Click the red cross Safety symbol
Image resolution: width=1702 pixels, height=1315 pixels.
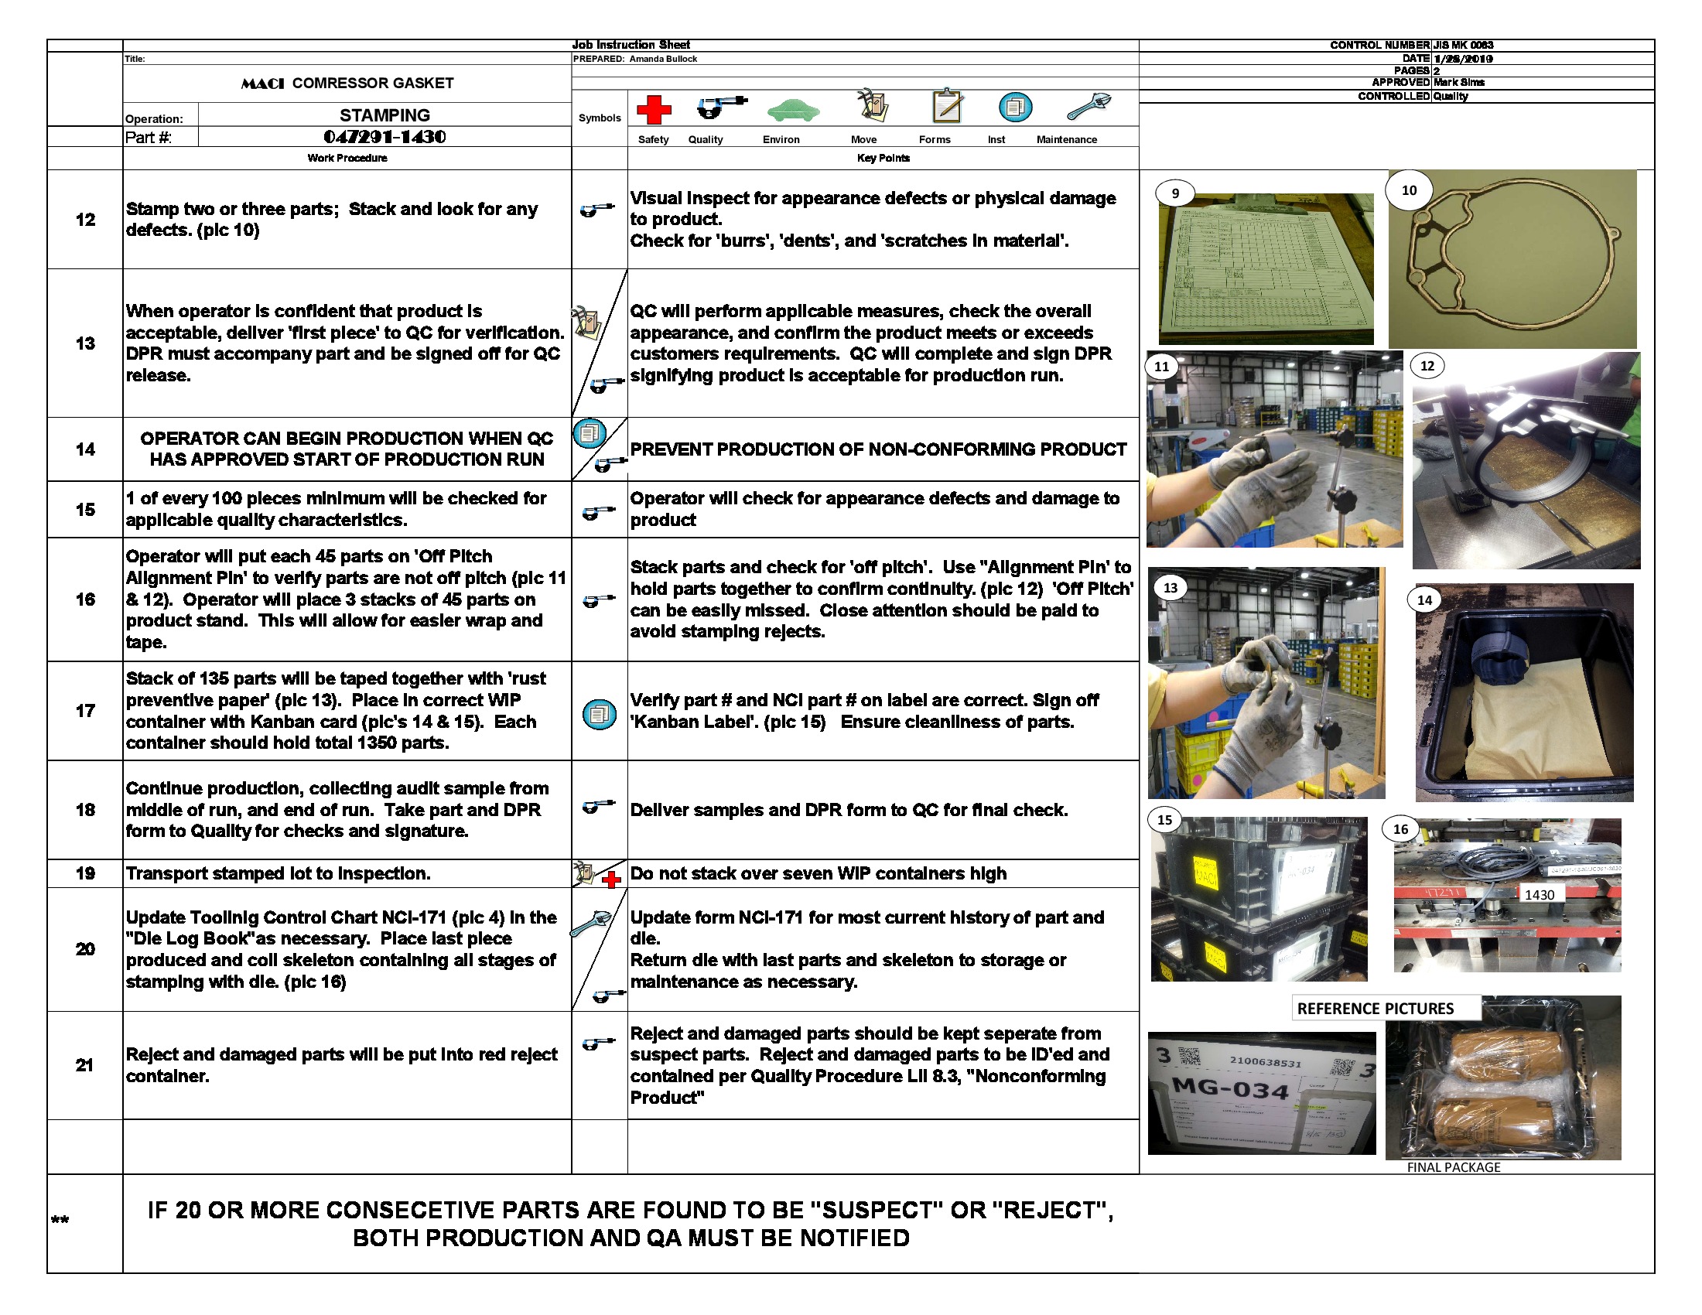click(x=653, y=110)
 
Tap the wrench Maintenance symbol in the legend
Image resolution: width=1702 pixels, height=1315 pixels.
click(x=1088, y=106)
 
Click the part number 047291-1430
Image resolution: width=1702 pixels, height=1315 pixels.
click(x=384, y=137)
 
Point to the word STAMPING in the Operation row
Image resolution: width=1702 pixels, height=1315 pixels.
click(x=384, y=115)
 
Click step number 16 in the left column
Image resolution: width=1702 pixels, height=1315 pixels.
click(x=85, y=599)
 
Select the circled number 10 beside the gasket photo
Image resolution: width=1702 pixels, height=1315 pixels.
click(x=1409, y=190)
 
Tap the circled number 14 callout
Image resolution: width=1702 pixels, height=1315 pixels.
click(x=1424, y=599)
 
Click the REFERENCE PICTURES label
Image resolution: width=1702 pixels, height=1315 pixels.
click(x=1375, y=1008)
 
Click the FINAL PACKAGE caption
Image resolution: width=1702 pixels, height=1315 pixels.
click(x=1453, y=1167)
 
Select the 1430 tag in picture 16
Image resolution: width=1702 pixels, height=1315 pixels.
click(x=1538, y=895)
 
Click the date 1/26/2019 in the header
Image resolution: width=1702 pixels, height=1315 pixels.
click(x=1463, y=59)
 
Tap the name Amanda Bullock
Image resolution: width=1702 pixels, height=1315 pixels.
click(x=662, y=59)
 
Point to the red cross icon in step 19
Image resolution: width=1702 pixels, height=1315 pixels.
click(x=612, y=880)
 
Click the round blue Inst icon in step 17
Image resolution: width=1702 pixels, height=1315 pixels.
click(x=599, y=714)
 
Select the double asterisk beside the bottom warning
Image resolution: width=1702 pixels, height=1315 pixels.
click(x=60, y=1220)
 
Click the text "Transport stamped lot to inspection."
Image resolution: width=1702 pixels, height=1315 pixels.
click(x=279, y=873)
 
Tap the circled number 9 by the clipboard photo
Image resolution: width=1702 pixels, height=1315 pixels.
click(x=1175, y=193)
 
